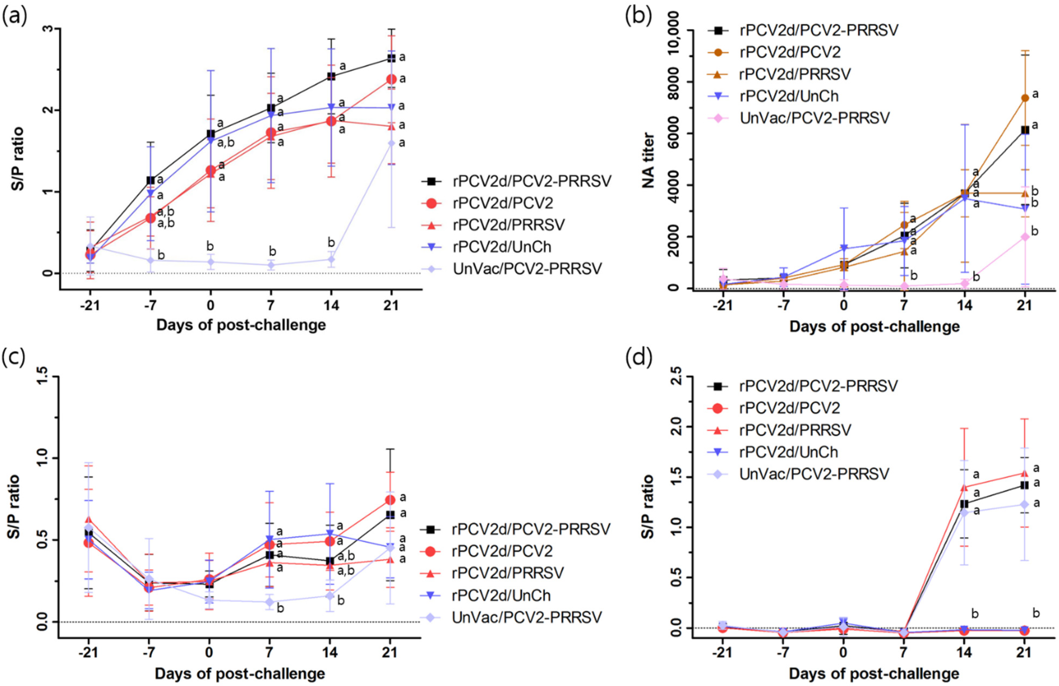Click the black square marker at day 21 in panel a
click(x=391, y=58)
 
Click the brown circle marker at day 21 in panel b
click(x=1025, y=98)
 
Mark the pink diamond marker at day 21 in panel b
click(x=1025, y=237)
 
